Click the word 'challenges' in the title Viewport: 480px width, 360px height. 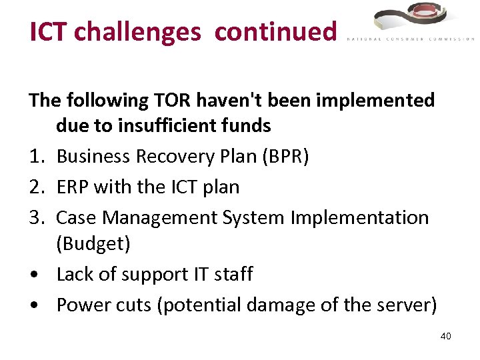(x=137, y=32)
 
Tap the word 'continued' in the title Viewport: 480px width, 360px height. (x=275, y=32)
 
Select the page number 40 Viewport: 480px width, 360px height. (x=445, y=336)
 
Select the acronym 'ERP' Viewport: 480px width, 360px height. (x=73, y=187)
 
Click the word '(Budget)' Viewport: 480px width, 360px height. (x=93, y=243)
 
